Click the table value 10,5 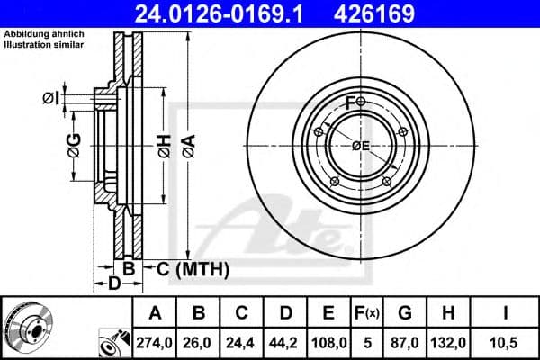click(x=508, y=341)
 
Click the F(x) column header click(x=370, y=313)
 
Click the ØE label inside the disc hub click(x=361, y=147)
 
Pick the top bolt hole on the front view click(x=361, y=102)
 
